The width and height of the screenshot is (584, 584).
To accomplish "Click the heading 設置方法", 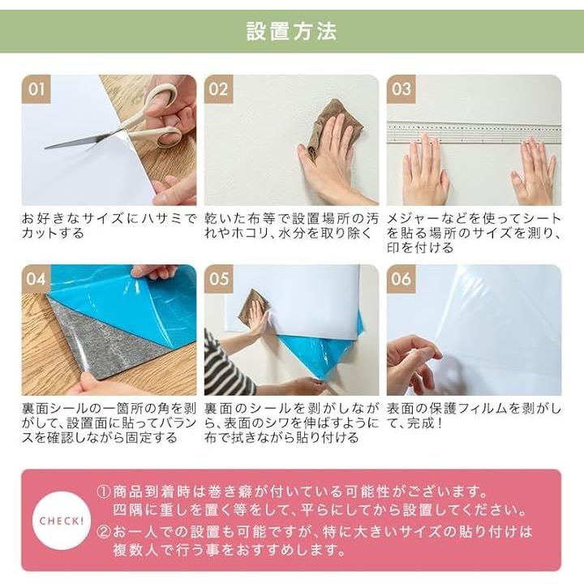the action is tap(292, 32).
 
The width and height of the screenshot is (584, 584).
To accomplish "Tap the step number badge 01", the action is tap(36, 89).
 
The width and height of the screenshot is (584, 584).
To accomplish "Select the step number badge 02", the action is tap(219, 89).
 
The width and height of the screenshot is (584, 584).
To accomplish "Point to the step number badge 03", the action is tap(401, 89).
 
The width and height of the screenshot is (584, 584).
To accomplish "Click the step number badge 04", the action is tap(36, 279).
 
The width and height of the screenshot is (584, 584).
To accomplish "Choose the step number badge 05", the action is tap(219, 279).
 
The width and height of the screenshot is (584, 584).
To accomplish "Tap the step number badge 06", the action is tap(401, 279).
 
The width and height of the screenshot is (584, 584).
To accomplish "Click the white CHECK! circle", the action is tap(62, 521).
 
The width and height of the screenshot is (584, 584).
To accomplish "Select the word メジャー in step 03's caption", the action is tap(412, 219).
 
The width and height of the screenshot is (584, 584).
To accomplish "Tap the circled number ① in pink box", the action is tap(104, 492).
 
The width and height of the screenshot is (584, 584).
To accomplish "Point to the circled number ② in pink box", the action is tap(104, 532).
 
